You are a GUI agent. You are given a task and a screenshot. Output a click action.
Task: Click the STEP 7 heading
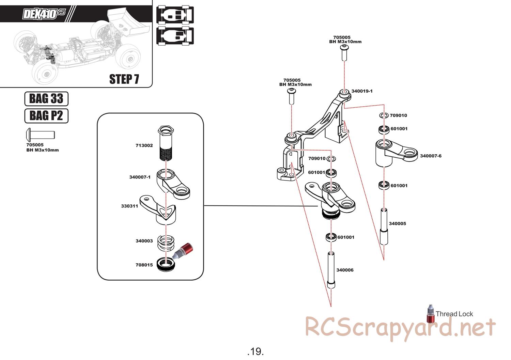[124, 79]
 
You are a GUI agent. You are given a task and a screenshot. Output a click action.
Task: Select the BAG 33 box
[46, 99]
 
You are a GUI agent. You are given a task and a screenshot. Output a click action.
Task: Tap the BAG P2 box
[46, 116]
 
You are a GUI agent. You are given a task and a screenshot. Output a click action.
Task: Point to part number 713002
[144, 145]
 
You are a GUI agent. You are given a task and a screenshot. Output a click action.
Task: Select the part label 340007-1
[140, 177]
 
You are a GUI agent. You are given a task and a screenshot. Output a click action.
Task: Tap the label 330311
[129, 206]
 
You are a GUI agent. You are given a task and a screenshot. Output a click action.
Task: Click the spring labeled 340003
[165, 242]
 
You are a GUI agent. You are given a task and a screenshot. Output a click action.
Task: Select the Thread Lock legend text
[454, 314]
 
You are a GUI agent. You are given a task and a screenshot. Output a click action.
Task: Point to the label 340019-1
[362, 91]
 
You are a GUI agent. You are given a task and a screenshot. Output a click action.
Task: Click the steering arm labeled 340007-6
[395, 153]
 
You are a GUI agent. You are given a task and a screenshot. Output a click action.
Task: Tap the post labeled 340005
[384, 226]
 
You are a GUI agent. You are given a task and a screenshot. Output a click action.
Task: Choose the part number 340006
[345, 270]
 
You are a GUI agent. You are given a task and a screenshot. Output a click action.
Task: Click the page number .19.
[255, 351]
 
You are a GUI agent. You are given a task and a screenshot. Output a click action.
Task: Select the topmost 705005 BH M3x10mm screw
[344, 53]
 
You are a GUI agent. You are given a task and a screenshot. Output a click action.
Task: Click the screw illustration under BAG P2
[40, 134]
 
